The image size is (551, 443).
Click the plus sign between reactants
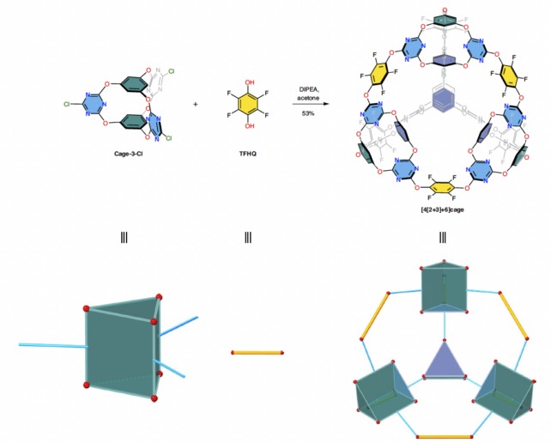point(195,105)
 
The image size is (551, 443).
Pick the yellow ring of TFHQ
point(247,105)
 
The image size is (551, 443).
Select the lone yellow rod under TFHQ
point(257,353)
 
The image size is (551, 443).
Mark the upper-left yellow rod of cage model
point(378,314)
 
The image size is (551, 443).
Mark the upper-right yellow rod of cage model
point(507,314)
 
